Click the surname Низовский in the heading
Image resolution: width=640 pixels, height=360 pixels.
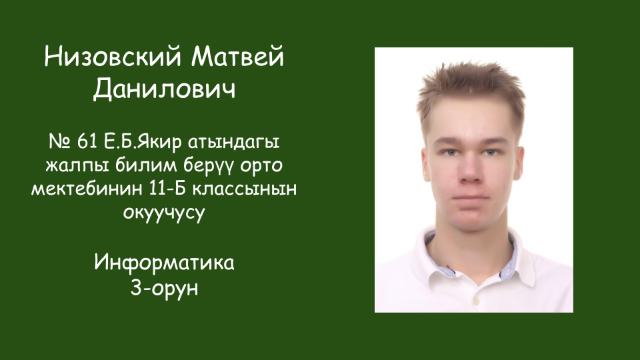point(113,57)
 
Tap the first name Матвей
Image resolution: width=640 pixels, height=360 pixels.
point(237,57)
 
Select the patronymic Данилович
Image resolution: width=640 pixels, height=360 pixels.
point(164,89)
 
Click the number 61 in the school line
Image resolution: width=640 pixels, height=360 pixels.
point(87,141)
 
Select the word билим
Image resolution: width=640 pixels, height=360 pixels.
point(146,165)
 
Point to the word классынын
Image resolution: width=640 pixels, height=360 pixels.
point(245,189)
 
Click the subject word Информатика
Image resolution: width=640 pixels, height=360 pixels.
point(164,262)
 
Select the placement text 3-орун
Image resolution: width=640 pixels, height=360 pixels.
point(164,288)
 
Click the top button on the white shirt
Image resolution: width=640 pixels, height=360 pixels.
point(476,301)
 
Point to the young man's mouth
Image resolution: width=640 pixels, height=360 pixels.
point(470,197)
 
